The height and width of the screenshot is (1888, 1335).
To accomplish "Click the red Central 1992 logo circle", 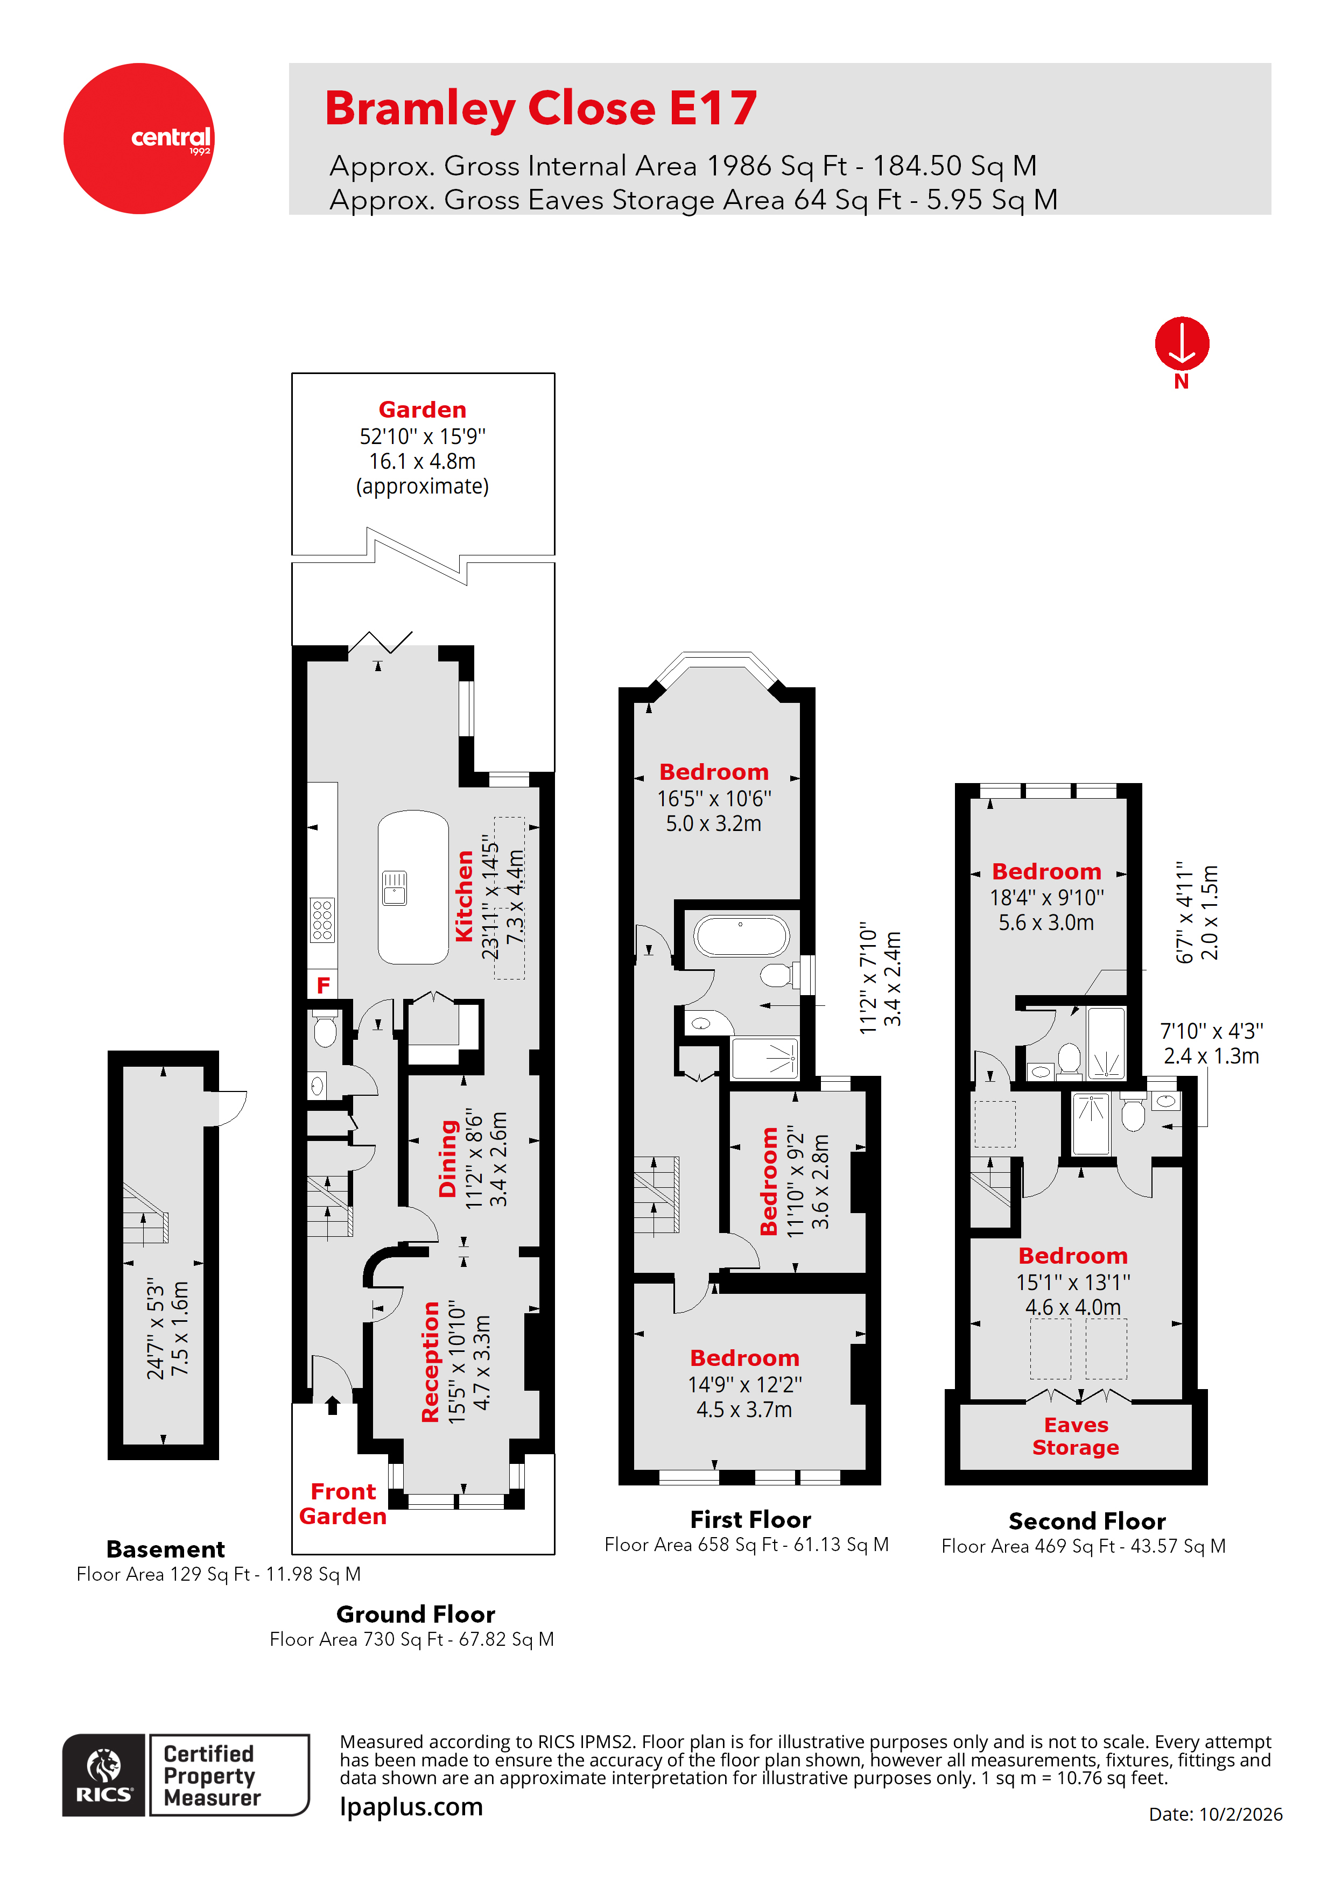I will tap(138, 138).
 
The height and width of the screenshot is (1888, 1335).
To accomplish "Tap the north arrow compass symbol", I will tap(1181, 344).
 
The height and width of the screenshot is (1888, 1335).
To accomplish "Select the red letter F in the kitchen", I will tap(324, 984).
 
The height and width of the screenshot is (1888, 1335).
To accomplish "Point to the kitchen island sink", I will tap(395, 888).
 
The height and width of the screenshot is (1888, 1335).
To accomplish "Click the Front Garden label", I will tap(343, 1503).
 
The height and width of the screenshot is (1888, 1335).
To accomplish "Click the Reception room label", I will tap(430, 1361).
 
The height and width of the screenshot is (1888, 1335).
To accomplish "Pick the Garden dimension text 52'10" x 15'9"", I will tap(422, 436).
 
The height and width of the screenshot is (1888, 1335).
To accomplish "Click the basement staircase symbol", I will tap(145, 1213).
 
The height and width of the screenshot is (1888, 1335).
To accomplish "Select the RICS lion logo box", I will tap(104, 1774).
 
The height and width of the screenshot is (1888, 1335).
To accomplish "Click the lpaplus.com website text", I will tap(411, 1807).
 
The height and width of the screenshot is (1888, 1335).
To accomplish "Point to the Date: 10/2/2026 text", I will tap(1215, 1814).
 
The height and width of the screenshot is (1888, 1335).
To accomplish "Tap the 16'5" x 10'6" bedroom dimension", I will tap(713, 799).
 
